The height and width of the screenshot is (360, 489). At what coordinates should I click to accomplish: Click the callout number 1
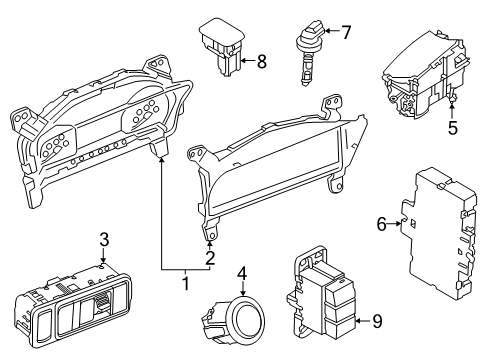[183, 284]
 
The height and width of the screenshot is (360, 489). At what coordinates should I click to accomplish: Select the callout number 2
[210, 258]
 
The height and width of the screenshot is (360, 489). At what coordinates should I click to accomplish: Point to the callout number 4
[242, 272]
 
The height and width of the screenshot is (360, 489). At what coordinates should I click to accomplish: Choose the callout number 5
[452, 128]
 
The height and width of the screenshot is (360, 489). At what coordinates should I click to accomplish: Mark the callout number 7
[346, 32]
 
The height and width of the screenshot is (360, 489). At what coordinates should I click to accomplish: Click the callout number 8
[261, 62]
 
